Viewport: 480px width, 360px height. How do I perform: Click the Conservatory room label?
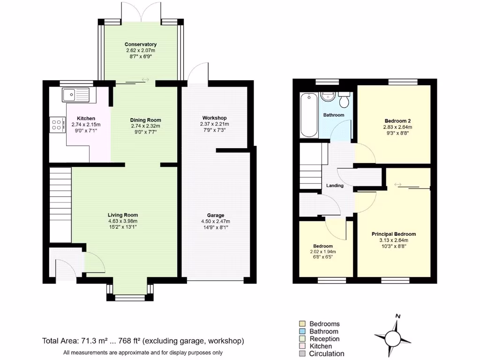(141, 45)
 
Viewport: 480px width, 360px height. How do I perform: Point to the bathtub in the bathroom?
(309, 115)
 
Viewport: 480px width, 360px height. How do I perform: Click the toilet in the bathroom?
(345, 100)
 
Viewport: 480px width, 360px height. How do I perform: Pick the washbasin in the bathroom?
(327, 97)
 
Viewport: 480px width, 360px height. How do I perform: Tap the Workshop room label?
(214, 118)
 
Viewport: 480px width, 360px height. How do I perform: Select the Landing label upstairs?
(335, 186)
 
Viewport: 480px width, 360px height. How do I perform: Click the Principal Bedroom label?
(393, 234)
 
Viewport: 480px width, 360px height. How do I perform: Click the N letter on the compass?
(397, 316)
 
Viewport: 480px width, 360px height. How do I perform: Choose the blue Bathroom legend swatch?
(302, 331)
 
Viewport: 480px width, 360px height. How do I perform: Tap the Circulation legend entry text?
(326, 354)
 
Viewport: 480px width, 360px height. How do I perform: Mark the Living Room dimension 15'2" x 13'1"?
(122, 227)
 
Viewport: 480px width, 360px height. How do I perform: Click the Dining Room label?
(145, 120)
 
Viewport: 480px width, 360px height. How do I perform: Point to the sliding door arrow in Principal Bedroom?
(397, 185)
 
